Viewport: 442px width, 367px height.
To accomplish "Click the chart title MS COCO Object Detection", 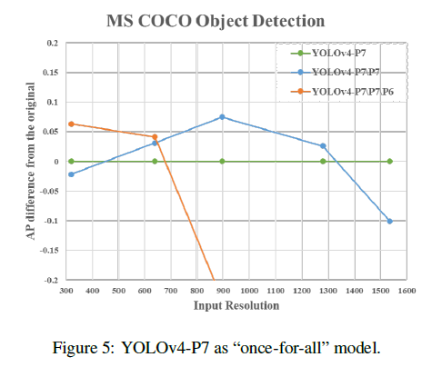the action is [216, 21].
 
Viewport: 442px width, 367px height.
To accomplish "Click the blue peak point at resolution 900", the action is [222, 117].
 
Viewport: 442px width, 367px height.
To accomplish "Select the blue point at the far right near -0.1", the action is [390, 222].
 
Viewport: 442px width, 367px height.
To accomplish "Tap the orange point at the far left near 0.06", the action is [71, 124].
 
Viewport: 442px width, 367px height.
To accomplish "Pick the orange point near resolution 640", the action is [155, 137].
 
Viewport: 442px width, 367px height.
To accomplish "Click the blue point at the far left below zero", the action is [71, 174].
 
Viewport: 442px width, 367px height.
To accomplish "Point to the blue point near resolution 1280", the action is [323, 146].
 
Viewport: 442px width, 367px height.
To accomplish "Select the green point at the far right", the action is [390, 162].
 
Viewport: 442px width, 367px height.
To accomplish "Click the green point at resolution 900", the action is [222, 162].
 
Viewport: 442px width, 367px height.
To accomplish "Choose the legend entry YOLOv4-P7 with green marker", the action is [328, 54].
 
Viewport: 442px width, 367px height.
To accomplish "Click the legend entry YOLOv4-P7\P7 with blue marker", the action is [335, 72].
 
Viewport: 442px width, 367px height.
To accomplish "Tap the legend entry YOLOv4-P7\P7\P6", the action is [342, 91].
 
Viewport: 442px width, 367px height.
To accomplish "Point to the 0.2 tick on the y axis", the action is [52, 44].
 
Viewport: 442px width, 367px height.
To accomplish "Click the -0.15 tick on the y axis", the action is [49, 251].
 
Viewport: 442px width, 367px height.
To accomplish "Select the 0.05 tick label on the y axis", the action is [50, 132].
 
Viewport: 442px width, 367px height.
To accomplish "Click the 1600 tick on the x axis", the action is [407, 291].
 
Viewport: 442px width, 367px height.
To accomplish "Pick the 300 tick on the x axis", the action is [66, 291].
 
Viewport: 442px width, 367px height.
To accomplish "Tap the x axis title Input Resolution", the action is [236, 305].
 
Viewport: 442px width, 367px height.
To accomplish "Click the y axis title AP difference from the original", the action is [31, 161].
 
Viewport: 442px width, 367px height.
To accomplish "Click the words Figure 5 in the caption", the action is [84, 348].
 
